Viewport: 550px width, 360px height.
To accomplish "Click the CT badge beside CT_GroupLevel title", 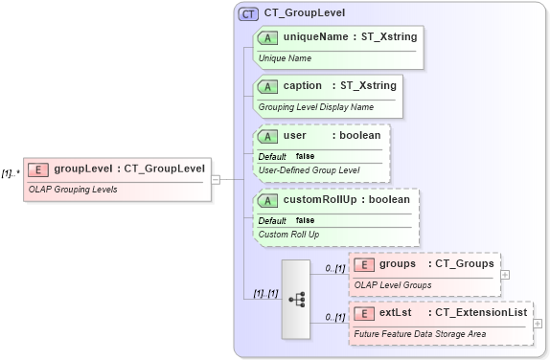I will tap(248, 13).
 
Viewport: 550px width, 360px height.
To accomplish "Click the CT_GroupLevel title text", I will tap(305, 13).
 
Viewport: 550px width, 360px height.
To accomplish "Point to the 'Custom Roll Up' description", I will tap(288, 234).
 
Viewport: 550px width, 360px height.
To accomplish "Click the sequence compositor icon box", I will tap(298, 298).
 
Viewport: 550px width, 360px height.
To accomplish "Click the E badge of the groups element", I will tap(364, 264).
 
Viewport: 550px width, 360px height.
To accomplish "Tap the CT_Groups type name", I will tap(464, 263).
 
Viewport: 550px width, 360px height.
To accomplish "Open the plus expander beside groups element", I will tap(505, 274).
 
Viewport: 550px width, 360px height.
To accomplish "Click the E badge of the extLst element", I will tap(364, 312).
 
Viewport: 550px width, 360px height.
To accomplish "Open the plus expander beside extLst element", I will tap(538, 323).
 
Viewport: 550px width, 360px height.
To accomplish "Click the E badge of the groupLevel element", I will tap(38, 169).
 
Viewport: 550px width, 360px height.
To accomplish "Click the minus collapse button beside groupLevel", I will tap(217, 179).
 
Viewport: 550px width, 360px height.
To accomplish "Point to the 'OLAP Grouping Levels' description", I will tap(73, 190).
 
